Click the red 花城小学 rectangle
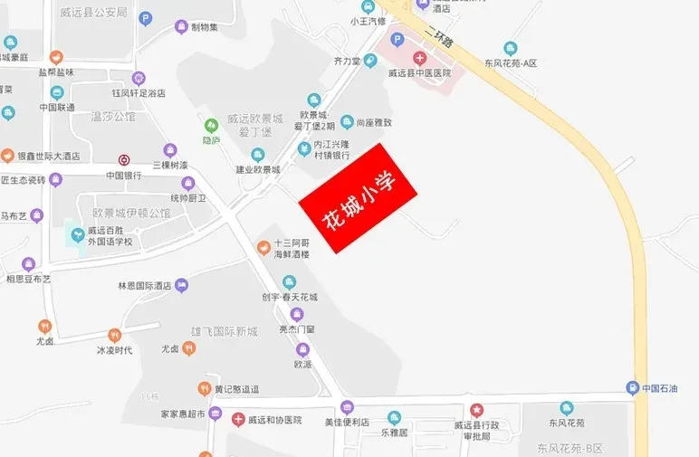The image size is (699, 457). pyautogui.click(x=357, y=199)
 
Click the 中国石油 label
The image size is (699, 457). pyautogui.click(x=665, y=389)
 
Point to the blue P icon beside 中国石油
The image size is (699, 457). pyautogui.click(x=632, y=389)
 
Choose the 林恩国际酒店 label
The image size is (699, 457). pyautogui.click(x=145, y=286)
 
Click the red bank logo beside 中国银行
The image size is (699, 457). pyautogui.click(x=124, y=160)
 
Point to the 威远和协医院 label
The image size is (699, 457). pyautogui.click(x=277, y=420)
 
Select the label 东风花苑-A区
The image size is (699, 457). pyautogui.click(x=511, y=63)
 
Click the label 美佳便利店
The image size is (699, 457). pyautogui.click(x=348, y=422)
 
